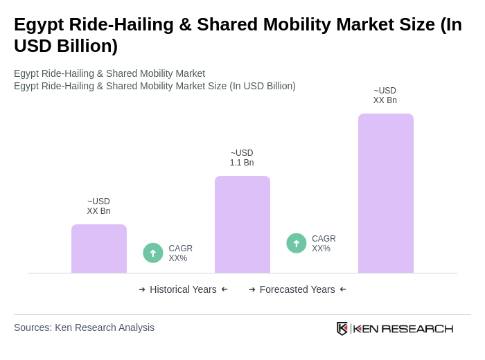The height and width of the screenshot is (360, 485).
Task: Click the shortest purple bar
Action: [x=99, y=249]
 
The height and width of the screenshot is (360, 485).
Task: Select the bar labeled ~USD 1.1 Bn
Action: [x=242, y=224]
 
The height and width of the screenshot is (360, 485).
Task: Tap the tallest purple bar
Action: [x=386, y=193]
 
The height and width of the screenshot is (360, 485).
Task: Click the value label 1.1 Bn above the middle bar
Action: [x=242, y=163]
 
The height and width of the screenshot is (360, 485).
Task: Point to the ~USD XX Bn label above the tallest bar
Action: [x=385, y=96]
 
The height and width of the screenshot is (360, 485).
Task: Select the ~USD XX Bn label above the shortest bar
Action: [x=98, y=206]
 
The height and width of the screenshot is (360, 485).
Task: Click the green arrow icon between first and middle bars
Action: [x=153, y=253]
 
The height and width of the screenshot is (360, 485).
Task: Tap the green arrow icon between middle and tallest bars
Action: [x=297, y=243]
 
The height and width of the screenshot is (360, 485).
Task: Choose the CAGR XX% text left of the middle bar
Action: [x=180, y=253]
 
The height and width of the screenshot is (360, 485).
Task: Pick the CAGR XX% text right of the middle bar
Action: [x=324, y=244]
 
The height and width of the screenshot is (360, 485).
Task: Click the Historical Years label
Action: [x=183, y=289]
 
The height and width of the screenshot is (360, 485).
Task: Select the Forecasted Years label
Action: [x=297, y=289]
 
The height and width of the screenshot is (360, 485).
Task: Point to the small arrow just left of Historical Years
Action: [x=142, y=289]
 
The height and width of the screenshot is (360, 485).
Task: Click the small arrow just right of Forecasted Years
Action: [x=343, y=289]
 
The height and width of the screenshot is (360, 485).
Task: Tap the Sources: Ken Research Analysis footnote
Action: [x=84, y=327]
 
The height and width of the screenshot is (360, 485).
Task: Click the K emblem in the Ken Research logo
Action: [x=342, y=328]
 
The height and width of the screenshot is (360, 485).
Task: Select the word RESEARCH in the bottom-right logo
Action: [x=417, y=328]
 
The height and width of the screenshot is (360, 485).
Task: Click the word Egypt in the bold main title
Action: [x=38, y=25]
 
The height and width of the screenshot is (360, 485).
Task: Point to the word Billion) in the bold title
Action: [x=83, y=46]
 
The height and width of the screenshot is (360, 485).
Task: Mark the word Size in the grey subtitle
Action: [x=215, y=86]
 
